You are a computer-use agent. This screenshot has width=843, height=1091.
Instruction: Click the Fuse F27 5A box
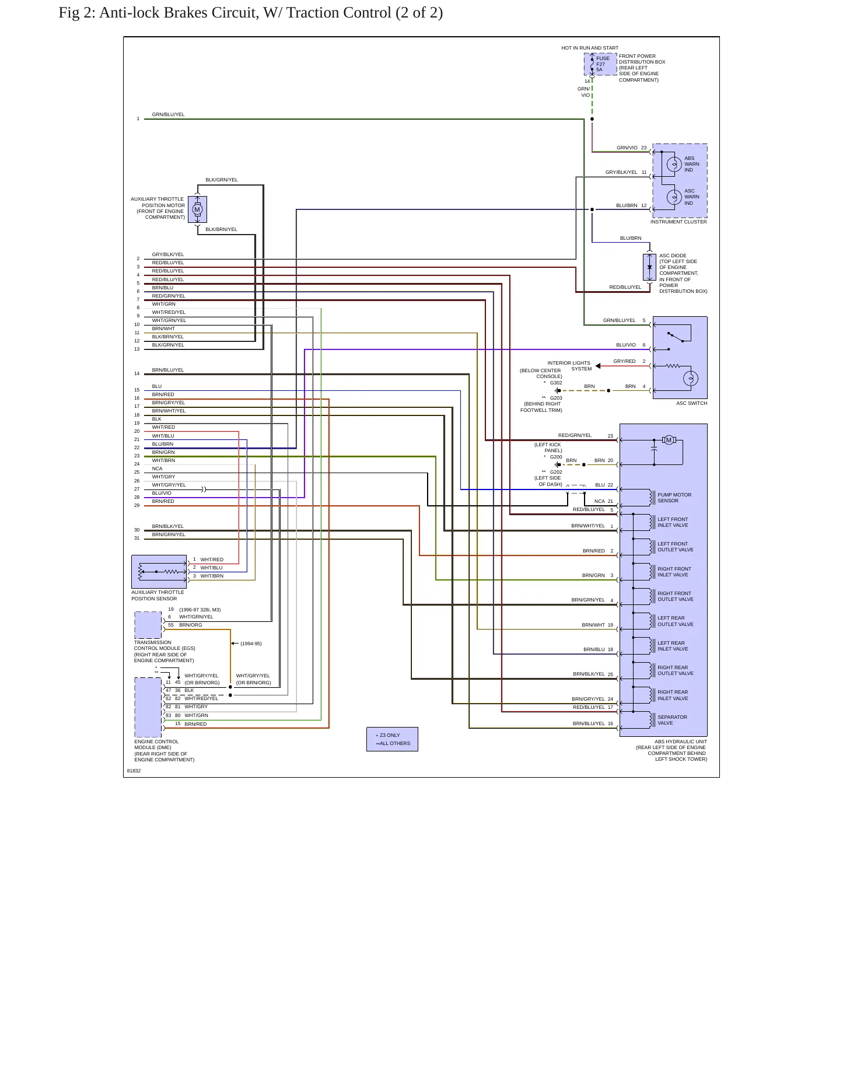point(600,64)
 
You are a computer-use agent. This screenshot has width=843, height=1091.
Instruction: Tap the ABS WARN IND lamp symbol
point(674,165)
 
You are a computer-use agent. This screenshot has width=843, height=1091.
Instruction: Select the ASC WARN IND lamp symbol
point(674,197)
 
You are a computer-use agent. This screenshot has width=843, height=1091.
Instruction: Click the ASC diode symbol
point(649,267)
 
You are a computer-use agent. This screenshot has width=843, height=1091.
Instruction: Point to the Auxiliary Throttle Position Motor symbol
point(197,209)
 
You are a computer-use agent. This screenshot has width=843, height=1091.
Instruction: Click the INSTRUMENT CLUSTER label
point(678,222)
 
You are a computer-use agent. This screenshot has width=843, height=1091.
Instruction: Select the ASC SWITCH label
point(691,403)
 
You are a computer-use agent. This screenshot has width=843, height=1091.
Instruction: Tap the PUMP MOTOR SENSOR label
point(674,498)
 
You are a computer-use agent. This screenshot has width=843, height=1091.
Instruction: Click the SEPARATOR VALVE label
point(672,720)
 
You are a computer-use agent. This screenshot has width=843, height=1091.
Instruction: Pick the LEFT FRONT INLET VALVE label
point(673,522)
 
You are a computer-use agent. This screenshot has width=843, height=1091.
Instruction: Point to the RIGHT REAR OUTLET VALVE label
point(676,670)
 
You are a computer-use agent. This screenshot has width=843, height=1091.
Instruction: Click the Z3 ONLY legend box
point(392,739)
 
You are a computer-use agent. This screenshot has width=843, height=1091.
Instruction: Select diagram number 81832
point(134,771)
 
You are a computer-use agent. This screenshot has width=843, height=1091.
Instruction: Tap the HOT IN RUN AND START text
point(590,48)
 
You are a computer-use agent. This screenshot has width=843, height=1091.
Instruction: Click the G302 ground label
point(556,383)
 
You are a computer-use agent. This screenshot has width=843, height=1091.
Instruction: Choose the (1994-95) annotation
point(251,644)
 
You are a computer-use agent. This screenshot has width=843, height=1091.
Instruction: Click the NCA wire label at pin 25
point(157,468)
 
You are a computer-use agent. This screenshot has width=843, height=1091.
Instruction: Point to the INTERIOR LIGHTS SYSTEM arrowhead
point(598,366)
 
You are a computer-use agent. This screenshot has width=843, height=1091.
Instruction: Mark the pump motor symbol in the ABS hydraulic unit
point(669,440)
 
